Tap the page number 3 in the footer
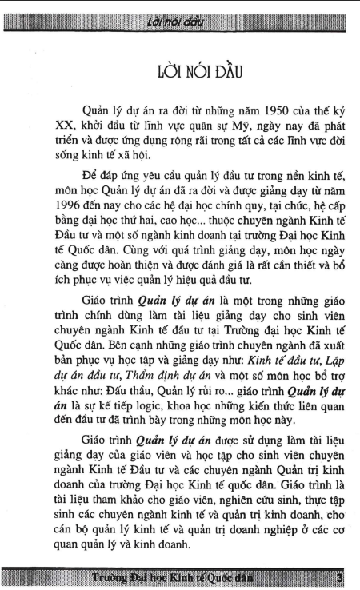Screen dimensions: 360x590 tap(340, 577)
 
